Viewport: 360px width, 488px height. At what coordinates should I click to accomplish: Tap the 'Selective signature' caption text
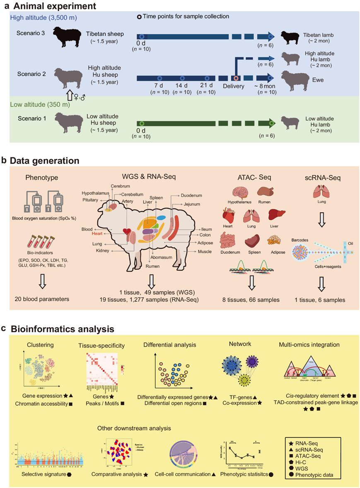pos(42,474)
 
